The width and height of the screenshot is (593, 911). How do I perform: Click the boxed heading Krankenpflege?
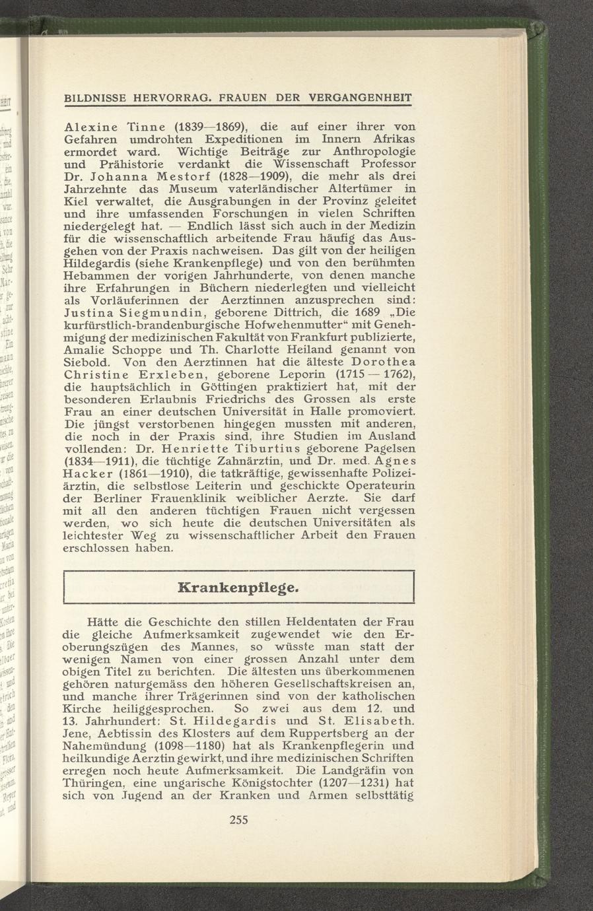click(x=238, y=586)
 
